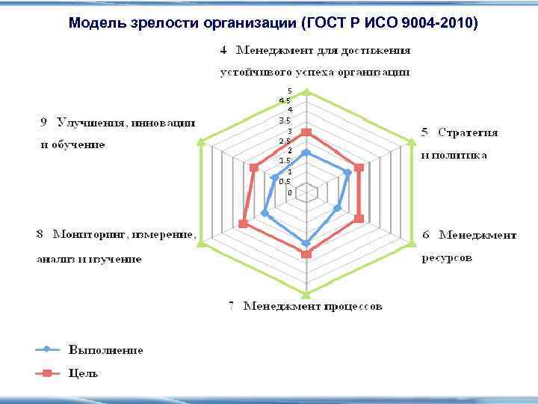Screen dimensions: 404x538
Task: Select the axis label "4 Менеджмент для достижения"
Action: pos(315,51)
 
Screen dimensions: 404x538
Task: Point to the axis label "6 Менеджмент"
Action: pos(469,235)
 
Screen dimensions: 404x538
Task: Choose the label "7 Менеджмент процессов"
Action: pos(305,306)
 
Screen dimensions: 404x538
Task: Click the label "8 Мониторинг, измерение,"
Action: pos(117,235)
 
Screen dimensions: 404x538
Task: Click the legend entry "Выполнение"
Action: pos(106,349)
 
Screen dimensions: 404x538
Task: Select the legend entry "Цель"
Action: pos(84,373)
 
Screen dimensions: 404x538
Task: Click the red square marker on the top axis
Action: pos(305,132)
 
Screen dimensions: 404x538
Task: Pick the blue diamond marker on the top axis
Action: pos(305,153)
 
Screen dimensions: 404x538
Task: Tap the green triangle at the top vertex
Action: pos(305,93)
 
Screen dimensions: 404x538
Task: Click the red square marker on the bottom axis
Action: pos(305,255)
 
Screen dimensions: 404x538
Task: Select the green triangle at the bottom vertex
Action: pos(305,293)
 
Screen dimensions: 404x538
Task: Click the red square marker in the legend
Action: pos(46,373)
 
